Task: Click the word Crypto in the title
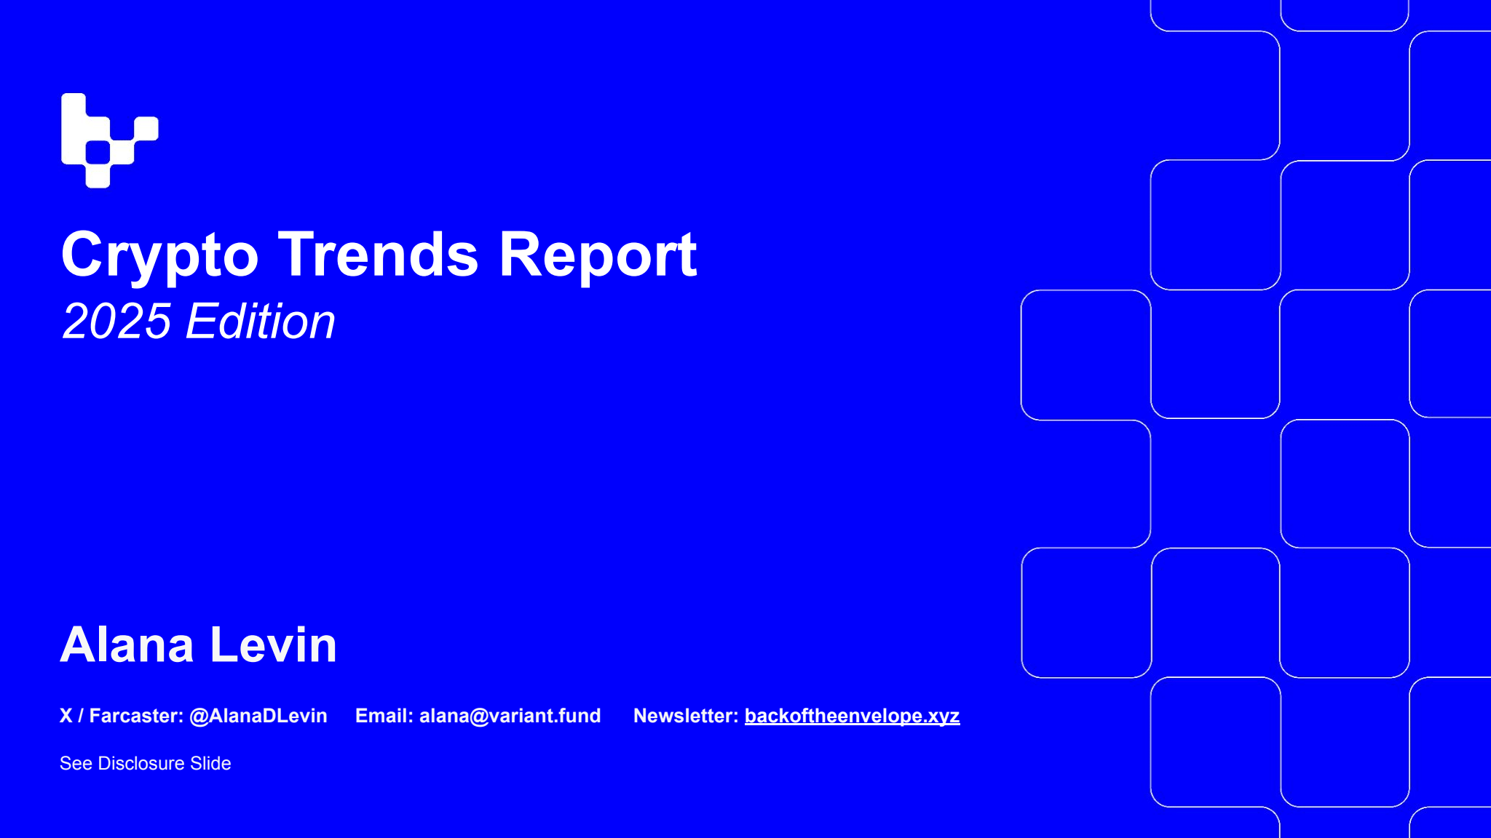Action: [x=159, y=255]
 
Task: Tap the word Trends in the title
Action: [x=378, y=255]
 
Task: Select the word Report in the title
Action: [x=597, y=255]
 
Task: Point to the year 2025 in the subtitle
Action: [x=116, y=321]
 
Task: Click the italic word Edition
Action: [x=261, y=321]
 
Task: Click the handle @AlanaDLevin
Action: [x=258, y=716]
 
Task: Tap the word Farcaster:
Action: [x=136, y=716]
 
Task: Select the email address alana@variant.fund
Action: [x=510, y=716]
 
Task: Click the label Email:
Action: [x=384, y=716]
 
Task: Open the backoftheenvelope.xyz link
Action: [x=852, y=716]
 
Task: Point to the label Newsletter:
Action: [x=686, y=716]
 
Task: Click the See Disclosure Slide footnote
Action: [x=145, y=763]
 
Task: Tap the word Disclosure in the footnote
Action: [x=141, y=763]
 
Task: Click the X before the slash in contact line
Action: [x=66, y=716]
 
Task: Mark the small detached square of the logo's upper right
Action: [x=146, y=129]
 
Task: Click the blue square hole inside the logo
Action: [x=98, y=153]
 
